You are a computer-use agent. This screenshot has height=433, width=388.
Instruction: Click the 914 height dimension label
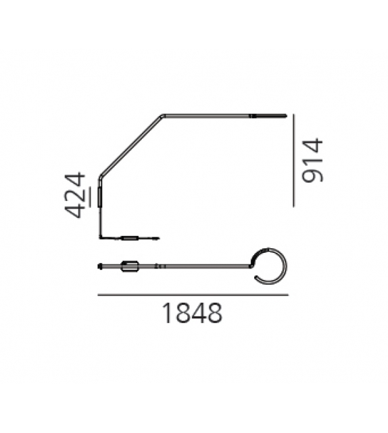click(x=313, y=160)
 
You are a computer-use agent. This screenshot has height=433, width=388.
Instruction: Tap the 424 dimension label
click(x=75, y=195)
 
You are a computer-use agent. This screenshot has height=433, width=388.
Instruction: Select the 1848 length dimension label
click(x=192, y=313)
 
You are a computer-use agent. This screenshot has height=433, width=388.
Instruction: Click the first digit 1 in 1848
click(x=167, y=313)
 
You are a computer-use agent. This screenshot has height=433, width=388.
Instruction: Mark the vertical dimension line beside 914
click(x=293, y=160)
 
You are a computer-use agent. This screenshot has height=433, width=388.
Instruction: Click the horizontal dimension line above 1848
click(x=193, y=295)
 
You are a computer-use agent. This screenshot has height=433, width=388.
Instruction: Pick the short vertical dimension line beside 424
click(x=90, y=197)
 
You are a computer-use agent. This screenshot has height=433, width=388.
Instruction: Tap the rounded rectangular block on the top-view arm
click(x=130, y=266)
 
